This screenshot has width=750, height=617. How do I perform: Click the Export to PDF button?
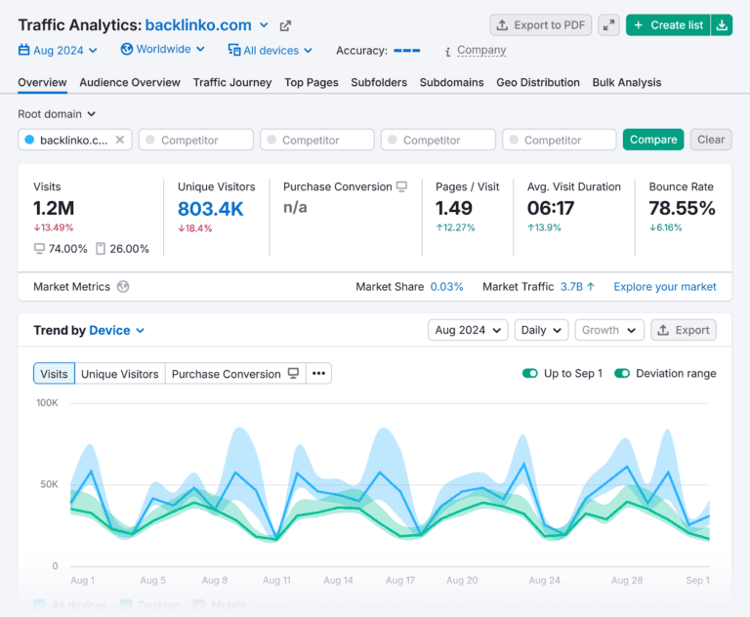[x=540, y=25]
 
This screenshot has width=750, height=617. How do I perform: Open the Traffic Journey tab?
[x=232, y=83]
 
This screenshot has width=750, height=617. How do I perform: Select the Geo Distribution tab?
[x=538, y=83]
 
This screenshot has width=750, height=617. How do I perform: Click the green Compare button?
[x=653, y=140]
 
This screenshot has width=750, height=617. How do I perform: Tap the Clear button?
[x=711, y=140]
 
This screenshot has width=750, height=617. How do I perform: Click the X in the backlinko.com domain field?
[x=120, y=140]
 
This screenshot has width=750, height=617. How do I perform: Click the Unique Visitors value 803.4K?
[x=211, y=208]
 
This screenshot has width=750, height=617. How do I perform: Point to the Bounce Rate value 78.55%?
[x=682, y=208]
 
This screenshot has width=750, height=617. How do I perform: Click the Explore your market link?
[x=664, y=287]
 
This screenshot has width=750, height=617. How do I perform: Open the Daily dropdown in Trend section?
[x=540, y=330]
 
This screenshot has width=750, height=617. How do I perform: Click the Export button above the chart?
[x=683, y=330]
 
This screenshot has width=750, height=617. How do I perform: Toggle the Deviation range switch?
[x=622, y=373]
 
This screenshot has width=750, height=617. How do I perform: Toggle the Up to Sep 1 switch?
[x=530, y=373]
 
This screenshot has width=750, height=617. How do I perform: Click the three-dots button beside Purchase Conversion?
[x=318, y=373]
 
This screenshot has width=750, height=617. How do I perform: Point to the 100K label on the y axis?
[x=47, y=402]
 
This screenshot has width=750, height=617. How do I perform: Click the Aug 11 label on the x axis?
[x=276, y=580]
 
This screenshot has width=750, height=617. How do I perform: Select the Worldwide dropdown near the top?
[x=163, y=49]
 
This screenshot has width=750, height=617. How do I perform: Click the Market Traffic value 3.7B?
[x=571, y=287]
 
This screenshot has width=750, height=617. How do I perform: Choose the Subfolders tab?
[x=379, y=83]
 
